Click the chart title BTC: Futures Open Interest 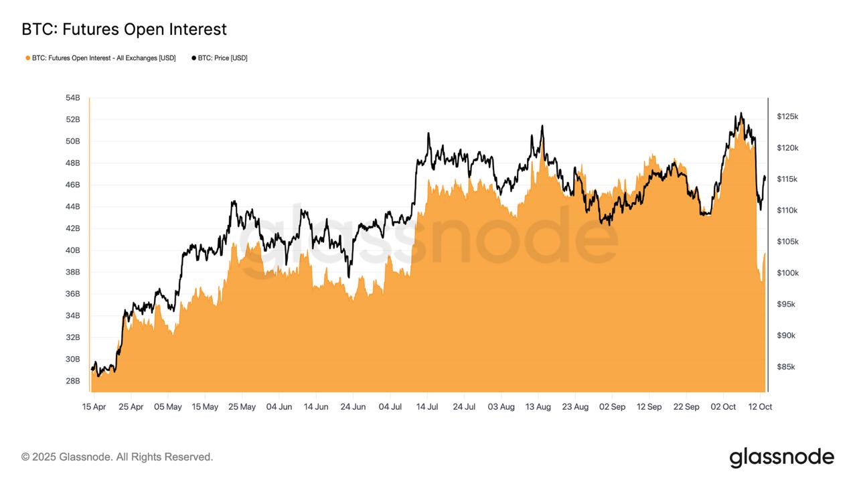(124, 29)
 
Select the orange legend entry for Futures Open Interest (100, 58)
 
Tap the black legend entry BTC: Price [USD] (220, 58)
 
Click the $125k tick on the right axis (787, 116)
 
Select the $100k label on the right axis (787, 273)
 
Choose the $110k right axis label (787, 210)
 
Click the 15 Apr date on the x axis (94, 407)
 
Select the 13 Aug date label (538, 407)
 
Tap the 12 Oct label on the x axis (760, 407)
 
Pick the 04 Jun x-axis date (279, 407)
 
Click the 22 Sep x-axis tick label (686, 407)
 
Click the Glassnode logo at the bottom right (781, 458)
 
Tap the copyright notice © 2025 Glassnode (117, 457)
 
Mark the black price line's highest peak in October (741, 113)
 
